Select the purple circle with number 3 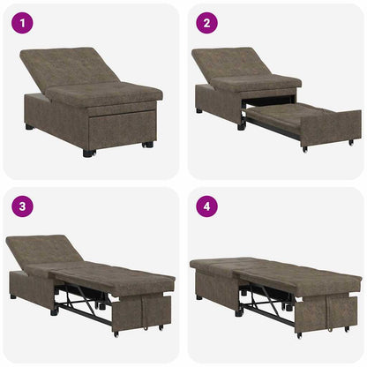tap(22, 207)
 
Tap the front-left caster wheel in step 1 tap(87, 154)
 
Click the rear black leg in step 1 tap(29, 126)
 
